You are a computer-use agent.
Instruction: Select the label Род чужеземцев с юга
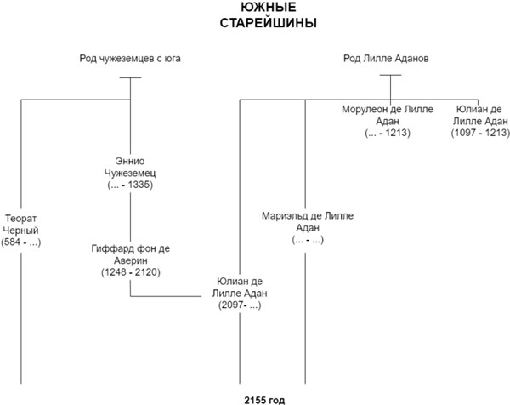pos(129,59)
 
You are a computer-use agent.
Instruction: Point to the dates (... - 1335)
pos(130,184)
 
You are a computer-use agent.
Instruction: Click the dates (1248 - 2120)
pos(130,272)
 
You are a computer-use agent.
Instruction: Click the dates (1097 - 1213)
pos(481,134)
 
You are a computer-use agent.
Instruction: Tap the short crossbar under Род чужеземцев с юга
pos(129,78)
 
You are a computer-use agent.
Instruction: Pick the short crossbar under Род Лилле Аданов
pos(390,77)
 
